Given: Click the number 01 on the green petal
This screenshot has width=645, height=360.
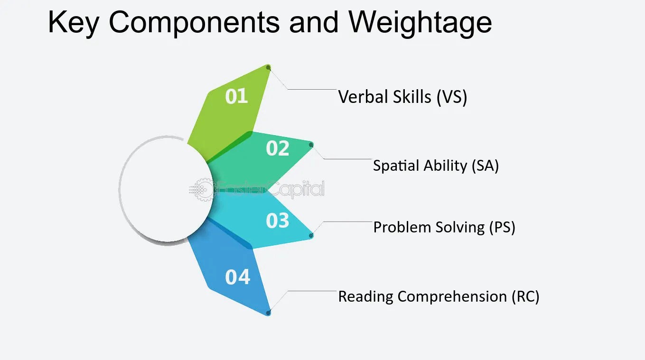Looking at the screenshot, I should coord(236,96).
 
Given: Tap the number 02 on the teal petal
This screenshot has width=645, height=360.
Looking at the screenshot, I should coord(278,148).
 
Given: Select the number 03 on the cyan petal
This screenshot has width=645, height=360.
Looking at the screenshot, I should coord(278,221).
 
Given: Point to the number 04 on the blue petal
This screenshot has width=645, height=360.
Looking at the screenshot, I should coord(237,277).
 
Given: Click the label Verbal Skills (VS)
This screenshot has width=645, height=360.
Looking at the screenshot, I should coord(402,97).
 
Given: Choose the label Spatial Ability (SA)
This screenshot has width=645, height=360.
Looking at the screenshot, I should coord(436,166).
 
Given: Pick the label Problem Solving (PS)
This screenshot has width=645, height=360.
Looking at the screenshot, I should coord(444,227).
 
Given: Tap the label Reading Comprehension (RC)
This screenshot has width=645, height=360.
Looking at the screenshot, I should coord(439,296).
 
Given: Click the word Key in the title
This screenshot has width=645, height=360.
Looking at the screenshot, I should coord(74,22).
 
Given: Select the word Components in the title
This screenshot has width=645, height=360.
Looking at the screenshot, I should coord(195,22).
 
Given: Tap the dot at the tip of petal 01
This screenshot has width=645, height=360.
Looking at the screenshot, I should coord(269,68).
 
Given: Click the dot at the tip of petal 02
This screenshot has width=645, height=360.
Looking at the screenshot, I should coord(311,144).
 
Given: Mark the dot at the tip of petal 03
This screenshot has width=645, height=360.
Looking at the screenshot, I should coord(311,235).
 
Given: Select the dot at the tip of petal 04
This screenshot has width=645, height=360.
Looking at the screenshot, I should coord(269,313).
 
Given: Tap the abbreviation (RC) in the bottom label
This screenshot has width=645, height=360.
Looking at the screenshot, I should coord(525,296).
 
